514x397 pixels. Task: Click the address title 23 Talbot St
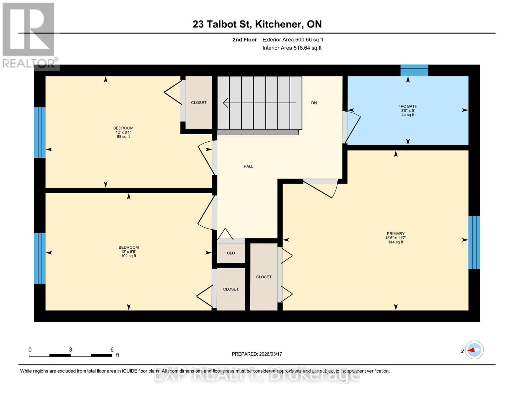(257, 24)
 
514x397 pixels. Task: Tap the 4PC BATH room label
(408, 107)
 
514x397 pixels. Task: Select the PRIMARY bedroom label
(396, 234)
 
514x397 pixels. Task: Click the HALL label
(248, 166)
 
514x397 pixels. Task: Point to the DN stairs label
(314, 103)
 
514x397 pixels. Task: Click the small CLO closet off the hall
(231, 253)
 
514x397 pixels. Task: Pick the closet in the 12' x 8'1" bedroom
(199, 103)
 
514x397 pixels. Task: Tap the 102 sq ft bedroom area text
(128, 256)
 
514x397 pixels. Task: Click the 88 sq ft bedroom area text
(123, 136)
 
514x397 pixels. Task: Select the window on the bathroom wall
(414, 70)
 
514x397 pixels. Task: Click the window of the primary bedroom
(474, 243)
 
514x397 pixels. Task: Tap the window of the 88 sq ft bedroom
(40, 132)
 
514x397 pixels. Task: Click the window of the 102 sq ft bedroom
(40, 258)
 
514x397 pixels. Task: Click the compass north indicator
(474, 350)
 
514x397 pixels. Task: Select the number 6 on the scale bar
(112, 350)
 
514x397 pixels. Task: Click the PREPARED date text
(257, 354)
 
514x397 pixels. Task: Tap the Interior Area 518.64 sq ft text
(292, 48)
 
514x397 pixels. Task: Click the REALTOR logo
(29, 35)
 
